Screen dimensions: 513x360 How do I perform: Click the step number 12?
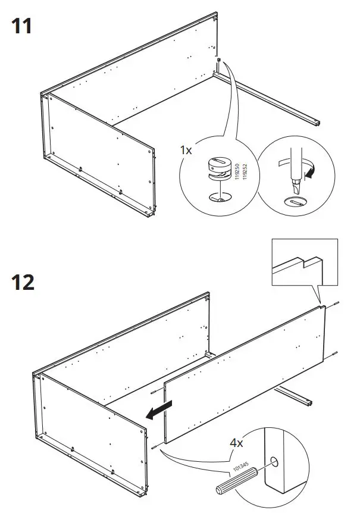22,281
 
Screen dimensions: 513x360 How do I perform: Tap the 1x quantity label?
186,150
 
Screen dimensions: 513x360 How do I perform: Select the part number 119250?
236,172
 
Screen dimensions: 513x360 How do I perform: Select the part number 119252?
244,172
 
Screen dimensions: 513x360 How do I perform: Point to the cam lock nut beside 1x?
219,170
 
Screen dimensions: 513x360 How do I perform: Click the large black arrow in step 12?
159,410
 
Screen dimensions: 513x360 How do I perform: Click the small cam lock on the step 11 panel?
220,61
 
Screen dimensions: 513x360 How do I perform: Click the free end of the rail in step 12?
308,403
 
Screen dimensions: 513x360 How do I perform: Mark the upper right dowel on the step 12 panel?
337,305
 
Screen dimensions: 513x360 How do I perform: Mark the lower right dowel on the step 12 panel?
336,355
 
